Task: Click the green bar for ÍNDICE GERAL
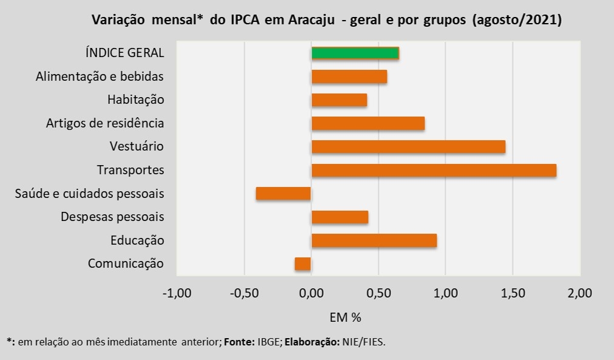(x=355, y=53)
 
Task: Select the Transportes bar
(x=434, y=170)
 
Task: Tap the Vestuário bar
(x=408, y=146)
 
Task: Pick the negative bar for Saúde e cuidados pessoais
(x=283, y=194)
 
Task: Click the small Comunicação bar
(x=302, y=263)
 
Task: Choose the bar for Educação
(x=374, y=240)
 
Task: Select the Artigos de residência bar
(x=367, y=123)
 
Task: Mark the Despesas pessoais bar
(x=339, y=217)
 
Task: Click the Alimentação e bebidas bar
(x=349, y=76)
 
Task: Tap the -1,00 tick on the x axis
(x=177, y=294)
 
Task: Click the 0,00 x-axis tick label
(x=312, y=294)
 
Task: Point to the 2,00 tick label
(x=579, y=294)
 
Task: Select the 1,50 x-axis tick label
(x=513, y=294)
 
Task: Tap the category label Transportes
(x=131, y=170)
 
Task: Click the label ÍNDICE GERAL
(x=125, y=53)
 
